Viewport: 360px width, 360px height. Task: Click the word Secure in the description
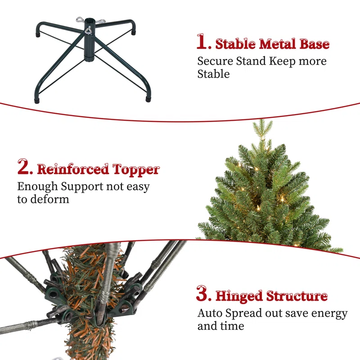215,61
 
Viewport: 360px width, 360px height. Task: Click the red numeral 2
24,166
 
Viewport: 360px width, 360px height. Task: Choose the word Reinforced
73,169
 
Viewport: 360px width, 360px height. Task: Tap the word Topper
136,170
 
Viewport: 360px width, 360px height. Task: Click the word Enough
37,187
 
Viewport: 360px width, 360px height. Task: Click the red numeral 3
202,293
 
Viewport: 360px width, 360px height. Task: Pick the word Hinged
239,296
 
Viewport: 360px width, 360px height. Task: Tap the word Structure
297,296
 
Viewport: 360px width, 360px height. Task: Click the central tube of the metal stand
89,40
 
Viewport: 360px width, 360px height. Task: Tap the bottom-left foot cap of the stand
37,100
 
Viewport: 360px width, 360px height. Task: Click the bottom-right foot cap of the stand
148,99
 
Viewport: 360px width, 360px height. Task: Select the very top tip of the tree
262,120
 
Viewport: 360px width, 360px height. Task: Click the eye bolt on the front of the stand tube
88,30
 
